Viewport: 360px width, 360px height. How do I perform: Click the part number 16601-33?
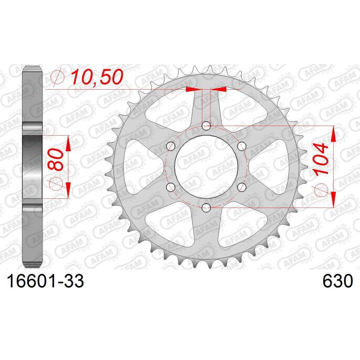tap(46, 281)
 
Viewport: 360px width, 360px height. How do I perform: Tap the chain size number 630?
tap(338, 281)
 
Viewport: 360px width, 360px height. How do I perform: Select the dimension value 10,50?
tap(97, 77)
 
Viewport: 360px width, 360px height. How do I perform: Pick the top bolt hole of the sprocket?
tap(206, 126)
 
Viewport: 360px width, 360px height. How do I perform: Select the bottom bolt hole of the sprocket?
tap(206, 208)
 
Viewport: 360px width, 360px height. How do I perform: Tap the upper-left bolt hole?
tap(170, 146)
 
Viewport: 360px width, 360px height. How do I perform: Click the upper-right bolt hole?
tap(242, 146)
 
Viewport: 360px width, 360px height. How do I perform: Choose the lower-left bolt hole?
tap(170, 187)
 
